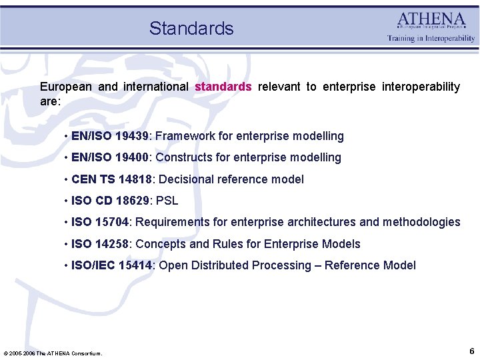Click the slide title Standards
click(191, 28)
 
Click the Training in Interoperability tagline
click(431, 39)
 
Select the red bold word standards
click(223, 87)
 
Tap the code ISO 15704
click(100, 222)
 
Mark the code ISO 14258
click(100, 244)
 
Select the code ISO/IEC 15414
click(111, 265)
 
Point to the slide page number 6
click(471, 351)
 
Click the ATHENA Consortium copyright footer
click(53, 353)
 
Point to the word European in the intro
click(66, 87)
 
